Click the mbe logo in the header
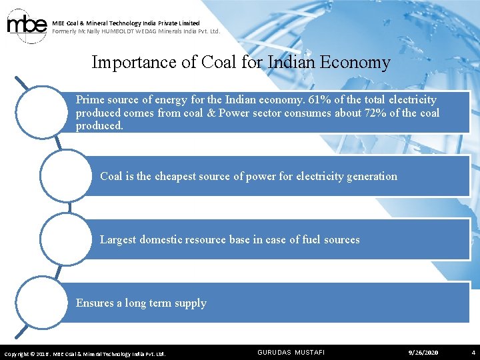point(27,26)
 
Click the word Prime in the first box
point(90,100)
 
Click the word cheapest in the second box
point(177,177)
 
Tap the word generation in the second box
point(369,177)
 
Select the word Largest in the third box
point(117,239)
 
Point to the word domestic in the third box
point(162,239)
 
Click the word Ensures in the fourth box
point(95,303)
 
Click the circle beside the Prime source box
point(41,111)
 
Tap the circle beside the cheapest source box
point(65,175)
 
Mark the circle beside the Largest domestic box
point(65,239)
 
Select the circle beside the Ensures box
point(41,302)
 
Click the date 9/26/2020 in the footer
point(423,352)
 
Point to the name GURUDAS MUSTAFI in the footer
point(291,352)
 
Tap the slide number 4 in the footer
point(473,352)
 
